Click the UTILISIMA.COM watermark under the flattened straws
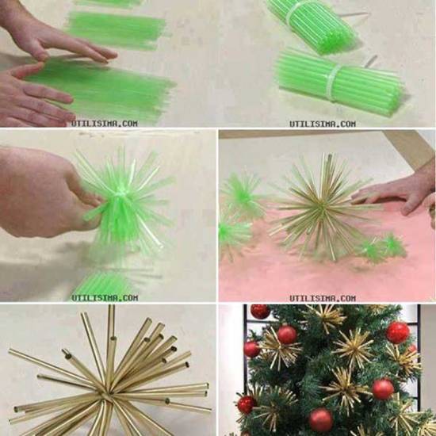105,124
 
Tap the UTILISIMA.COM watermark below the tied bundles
323,124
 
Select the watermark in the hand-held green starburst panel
105,298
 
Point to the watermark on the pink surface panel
323,298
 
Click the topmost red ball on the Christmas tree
260,312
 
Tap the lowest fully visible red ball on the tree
321,420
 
